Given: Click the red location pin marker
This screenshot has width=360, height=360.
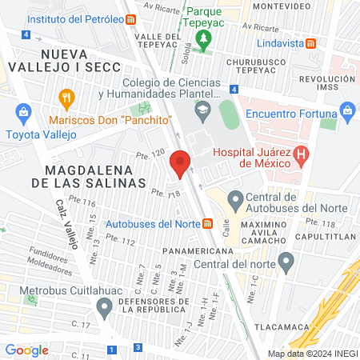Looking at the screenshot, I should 180,164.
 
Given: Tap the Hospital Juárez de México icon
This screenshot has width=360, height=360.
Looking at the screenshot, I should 301,153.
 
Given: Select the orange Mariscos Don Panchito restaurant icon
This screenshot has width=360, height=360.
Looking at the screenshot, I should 67,100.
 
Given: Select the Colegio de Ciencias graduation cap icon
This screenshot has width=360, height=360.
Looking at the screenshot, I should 203,110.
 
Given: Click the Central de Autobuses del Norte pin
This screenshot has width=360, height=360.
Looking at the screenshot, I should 235,198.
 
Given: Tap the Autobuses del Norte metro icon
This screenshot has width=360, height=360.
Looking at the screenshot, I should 207,223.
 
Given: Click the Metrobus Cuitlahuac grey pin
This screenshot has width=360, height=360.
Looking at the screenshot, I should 104,306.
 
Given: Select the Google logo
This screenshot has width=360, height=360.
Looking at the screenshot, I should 27,350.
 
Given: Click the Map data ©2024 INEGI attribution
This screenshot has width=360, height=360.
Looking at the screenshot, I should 311,353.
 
